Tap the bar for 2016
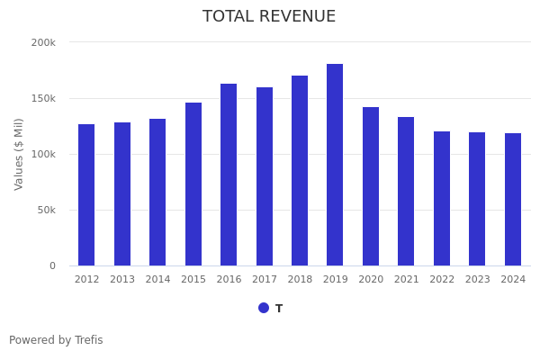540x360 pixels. (x=229, y=175)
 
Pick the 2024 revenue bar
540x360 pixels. (x=513, y=199)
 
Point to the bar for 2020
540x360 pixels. (x=371, y=186)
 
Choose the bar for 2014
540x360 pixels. (x=157, y=192)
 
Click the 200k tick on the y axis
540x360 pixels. (x=43, y=42)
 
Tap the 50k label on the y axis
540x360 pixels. (x=46, y=210)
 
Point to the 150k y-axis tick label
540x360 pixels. (x=43, y=98)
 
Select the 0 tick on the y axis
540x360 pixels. (x=52, y=265)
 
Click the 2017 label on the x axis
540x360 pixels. (x=265, y=280)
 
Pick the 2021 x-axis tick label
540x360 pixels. (x=407, y=280)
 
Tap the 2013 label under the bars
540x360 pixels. (x=122, y=280)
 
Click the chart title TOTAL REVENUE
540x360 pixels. (x=269, y=17)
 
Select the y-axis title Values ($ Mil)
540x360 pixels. (x=20, y=154)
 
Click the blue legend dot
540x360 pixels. (x=264, y=308)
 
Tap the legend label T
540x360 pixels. (x=279, y=309)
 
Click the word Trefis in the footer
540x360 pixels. (x=88, y=340)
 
